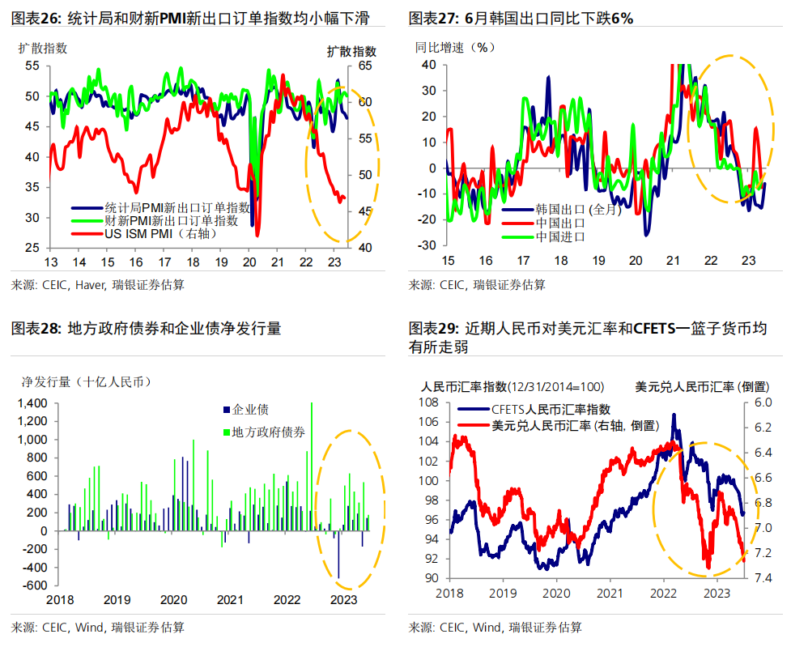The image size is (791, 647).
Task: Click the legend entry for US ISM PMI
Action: (151, 234)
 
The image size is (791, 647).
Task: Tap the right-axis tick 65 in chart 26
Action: (364, 66)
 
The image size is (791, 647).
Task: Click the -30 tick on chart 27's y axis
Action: (427, 245)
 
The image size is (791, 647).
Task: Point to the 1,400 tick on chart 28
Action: (33, 403)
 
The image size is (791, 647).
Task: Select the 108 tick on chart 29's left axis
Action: (428, 402)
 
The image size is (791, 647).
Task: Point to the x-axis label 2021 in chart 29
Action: (608, 594)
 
